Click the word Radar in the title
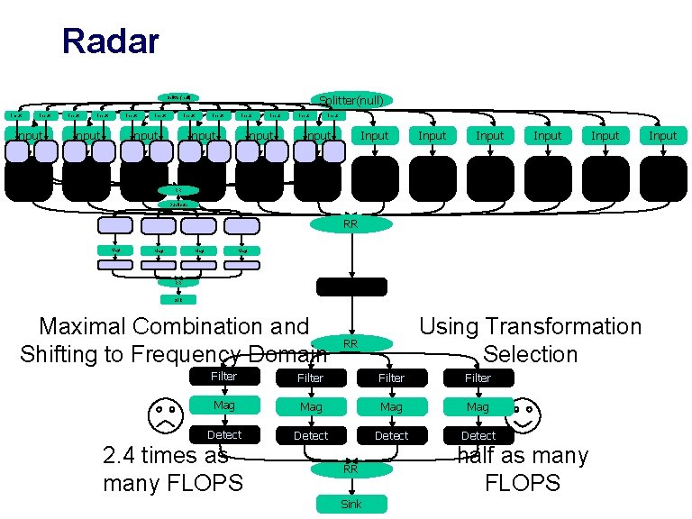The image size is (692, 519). click(x=110, y=41)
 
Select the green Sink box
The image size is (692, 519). click(x=351, y=504)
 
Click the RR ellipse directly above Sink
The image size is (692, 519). click(x=351, y=469)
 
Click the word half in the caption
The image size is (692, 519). click(x=480, y=456)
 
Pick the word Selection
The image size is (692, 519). click(x=531, y=354)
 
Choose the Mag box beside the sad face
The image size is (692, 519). click(x=224, y=405)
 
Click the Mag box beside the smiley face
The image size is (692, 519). click(x=478, y=407)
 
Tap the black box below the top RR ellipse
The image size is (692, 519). click(x=351, y=287)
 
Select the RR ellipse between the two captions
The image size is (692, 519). click(x=351, y=343)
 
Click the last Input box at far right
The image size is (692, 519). click(x=662, y=135)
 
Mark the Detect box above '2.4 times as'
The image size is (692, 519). click(x=224, y=434)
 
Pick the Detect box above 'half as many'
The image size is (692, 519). click(x=478, y=435)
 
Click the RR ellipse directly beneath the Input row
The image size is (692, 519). click(x=351, y=224)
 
